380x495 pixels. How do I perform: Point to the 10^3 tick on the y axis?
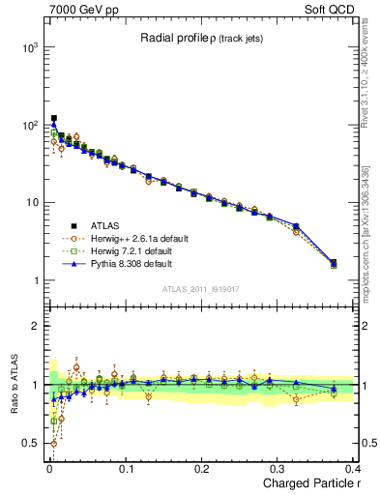coord(29,46)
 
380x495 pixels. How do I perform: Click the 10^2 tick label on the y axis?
coord(29,125)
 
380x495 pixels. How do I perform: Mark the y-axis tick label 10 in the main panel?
coord(32,203)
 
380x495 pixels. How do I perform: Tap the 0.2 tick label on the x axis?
coord(202,469)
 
